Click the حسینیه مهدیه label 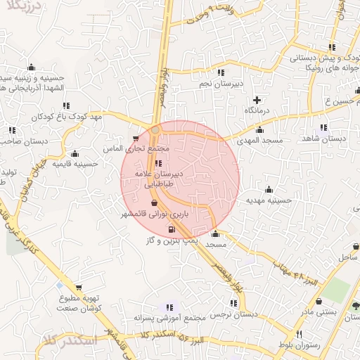pyautogui.click(x=268, y=200)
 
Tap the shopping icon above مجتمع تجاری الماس pyautogui.click(x=136, y=139)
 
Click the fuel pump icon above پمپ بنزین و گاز pyautogui.click(x=171, y=229)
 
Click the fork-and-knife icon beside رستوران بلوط pyautogui.click(x=300, y=333)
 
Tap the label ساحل pyautogui.click(x=347, y=258)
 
